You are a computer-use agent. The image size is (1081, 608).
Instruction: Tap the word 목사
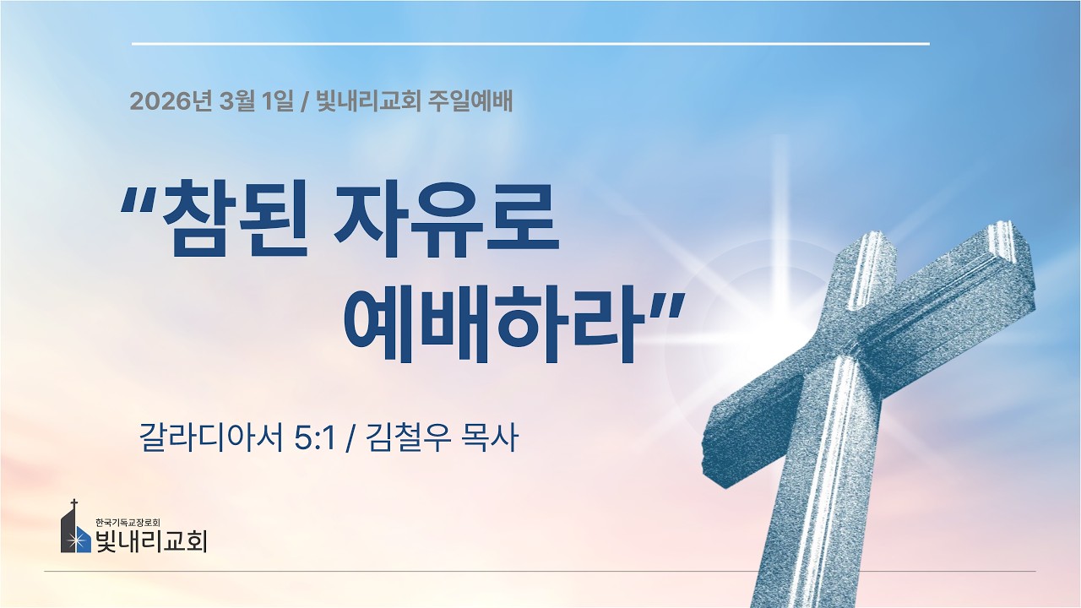click(x=490, y=438)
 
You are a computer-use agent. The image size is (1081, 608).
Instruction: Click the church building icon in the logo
click(x=75, y=532)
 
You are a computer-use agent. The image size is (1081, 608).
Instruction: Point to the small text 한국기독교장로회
click(x=128, y=521)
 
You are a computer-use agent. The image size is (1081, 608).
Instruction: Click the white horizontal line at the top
click(x=530, y=43)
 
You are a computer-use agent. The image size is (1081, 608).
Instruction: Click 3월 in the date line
click(x=236, y=102)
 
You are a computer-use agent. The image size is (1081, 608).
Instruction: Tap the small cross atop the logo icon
click(x=74, y=504)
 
